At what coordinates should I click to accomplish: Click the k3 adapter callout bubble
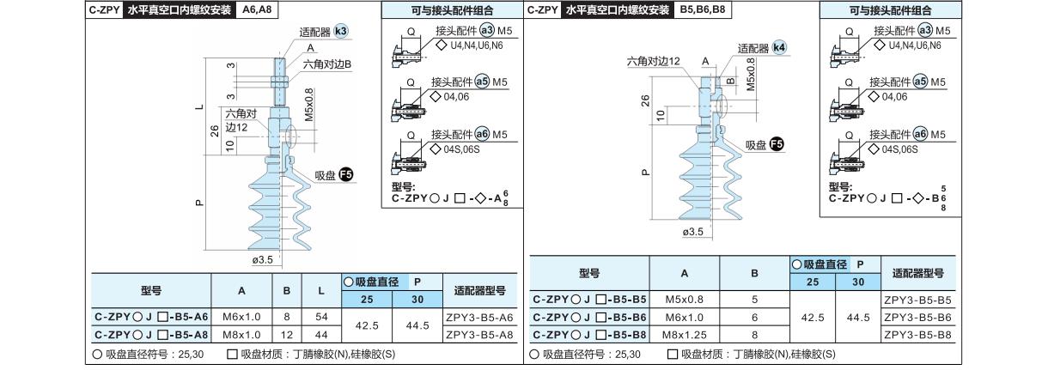[x=341, y=32]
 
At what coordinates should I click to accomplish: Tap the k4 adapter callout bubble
[x=779, y=48]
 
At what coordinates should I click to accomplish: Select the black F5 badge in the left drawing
[x=345, y=175]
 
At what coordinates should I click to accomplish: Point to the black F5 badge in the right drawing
[x=777, y=144]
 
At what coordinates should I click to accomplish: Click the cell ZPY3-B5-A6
[x=479, y=317]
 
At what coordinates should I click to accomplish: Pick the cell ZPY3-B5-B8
[x=918, y=335]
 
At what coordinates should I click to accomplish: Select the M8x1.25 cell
[x=685, y=335]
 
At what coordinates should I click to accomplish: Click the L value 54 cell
[x=321, y=317]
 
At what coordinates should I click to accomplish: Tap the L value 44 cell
[x=321, y=335]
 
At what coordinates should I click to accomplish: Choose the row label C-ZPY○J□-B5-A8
[x=151, y=335]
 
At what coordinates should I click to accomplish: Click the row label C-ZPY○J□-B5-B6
[x=589, y=318]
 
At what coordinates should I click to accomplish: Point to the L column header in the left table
[x=321, y=290]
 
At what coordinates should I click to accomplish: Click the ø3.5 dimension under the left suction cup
[x=262, y=259]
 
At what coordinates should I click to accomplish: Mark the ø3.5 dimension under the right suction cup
[x=693, y=232]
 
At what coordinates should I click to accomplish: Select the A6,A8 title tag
[x=257, y=9]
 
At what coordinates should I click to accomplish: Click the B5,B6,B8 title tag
[x=703, y=9]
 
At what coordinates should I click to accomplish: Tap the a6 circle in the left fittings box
[x=482, y=134]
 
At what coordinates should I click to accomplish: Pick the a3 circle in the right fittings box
[x=925, y=30]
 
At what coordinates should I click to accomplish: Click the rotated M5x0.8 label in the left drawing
[x=308, y=105]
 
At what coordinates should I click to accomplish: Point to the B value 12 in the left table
[x=287, y=335]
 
